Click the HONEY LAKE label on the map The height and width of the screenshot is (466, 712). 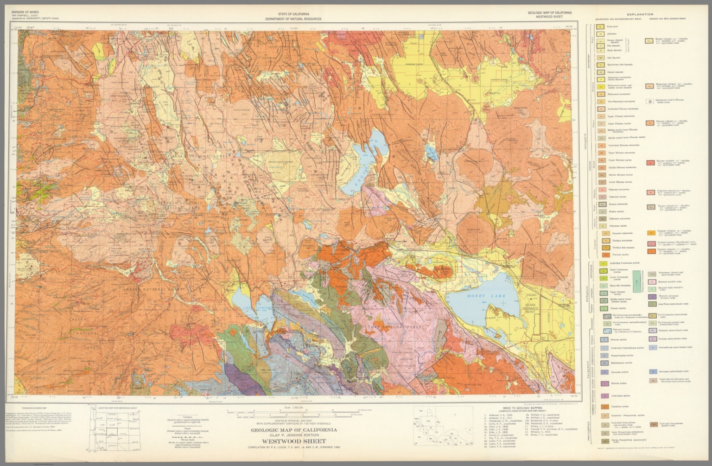[x=486, y=295]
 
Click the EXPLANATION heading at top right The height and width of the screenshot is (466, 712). [x=640, y=14]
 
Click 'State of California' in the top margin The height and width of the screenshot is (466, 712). [x=293, y=14]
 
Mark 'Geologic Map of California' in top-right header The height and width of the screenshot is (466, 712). [x=549, y=13]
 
